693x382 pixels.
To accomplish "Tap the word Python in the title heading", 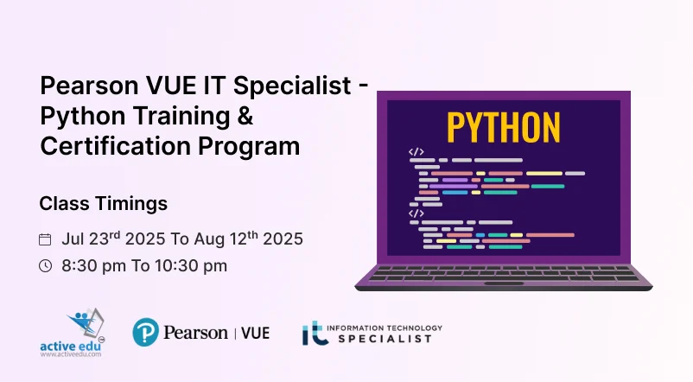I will tap(83, 117).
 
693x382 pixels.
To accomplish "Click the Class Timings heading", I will tap(103, 204).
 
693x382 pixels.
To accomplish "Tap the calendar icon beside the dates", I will tap(46, 239).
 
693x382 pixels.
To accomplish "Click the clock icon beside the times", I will tap(46, 266).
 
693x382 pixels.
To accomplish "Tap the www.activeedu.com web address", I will tap(70, 354).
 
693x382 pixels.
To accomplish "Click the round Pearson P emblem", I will tap(146, 333).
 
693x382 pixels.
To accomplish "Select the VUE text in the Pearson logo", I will tap(255, 333).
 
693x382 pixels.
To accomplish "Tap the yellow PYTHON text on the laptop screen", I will tap(504, 126).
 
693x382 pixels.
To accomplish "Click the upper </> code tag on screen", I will tap(416, 151).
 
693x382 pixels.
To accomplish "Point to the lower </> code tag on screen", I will tap(416, 213).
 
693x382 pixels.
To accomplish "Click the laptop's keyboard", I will tap(503, 272).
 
